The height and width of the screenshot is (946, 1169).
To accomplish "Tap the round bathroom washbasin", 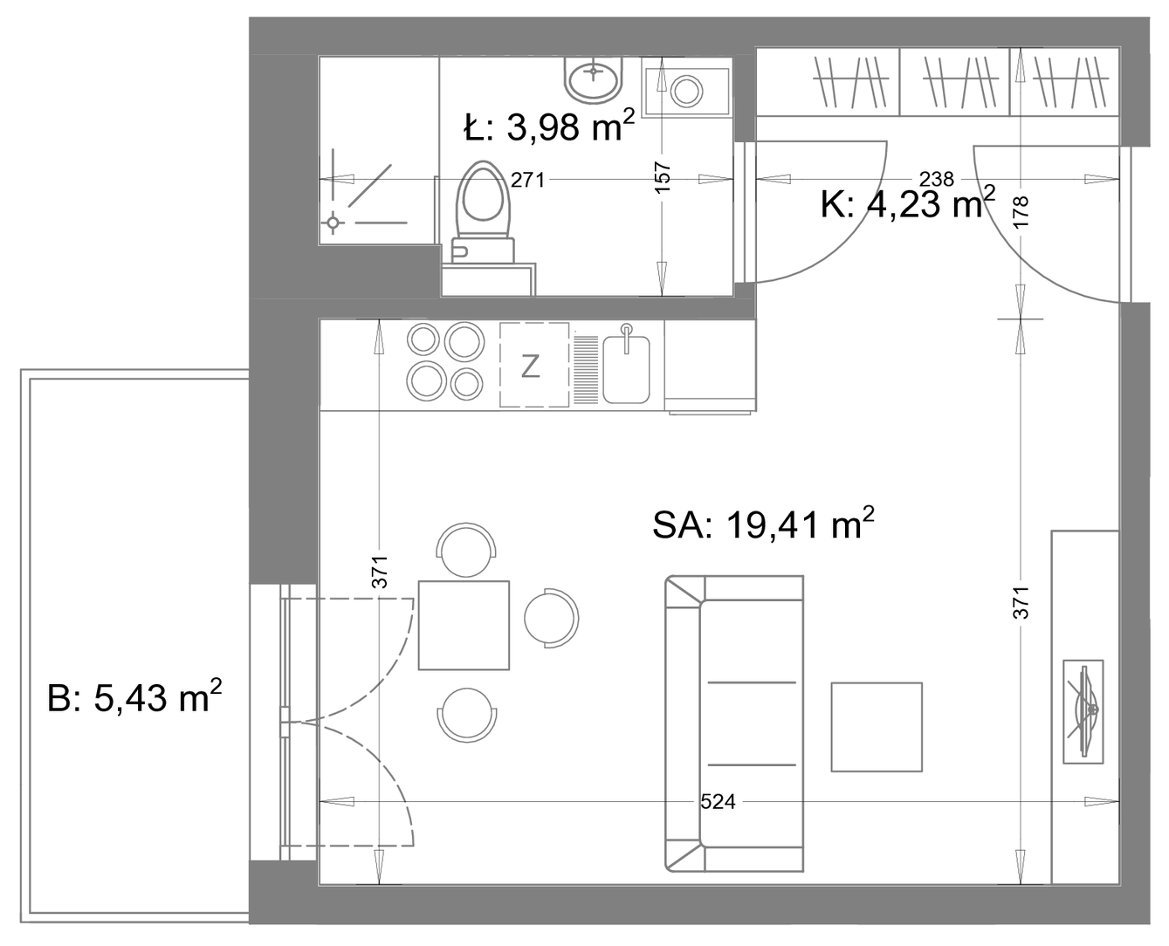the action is (x=594, y=80).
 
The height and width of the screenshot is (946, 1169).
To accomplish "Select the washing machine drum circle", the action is (x=686, y=91).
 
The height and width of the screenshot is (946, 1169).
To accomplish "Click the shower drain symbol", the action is (x=334, y=223).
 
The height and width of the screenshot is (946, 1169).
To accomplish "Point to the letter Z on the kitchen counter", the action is (x=530, y=367).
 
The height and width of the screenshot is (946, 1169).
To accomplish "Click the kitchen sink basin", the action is (x=626, y=369).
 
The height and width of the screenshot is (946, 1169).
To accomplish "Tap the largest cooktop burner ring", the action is (x=464, y=341).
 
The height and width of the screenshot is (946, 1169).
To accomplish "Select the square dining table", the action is (x=464, y=625).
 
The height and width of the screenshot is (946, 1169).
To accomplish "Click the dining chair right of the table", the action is (x=551, y=618).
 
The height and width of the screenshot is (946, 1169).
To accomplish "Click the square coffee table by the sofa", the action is (x=877, y=727).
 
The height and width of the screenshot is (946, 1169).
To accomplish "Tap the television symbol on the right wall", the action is (x=1083, y=711).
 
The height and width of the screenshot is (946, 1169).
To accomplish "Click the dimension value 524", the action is (x=718, y=802).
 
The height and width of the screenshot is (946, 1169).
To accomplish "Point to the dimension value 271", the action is (x=527, y=180).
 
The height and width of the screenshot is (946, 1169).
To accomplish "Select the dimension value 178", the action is (x=1021, y=212).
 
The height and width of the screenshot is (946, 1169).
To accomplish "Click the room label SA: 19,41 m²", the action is (x=763, y=524).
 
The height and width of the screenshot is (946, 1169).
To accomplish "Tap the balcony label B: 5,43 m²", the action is (x=134, y=697).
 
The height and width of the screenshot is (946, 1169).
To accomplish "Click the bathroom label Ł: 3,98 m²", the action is (x=549, y=127).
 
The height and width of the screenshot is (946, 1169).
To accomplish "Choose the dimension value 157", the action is (x=663, y=176).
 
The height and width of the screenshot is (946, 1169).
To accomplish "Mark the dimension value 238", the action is (x=936, y=179).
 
